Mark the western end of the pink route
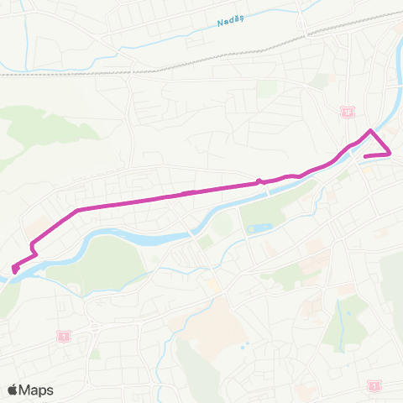click(15, 270)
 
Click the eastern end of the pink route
click(365, 156)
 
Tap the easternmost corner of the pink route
click(390, 153)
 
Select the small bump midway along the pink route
click(259, 180)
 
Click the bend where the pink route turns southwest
click(77, 210)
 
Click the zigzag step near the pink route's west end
click(34, 248)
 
